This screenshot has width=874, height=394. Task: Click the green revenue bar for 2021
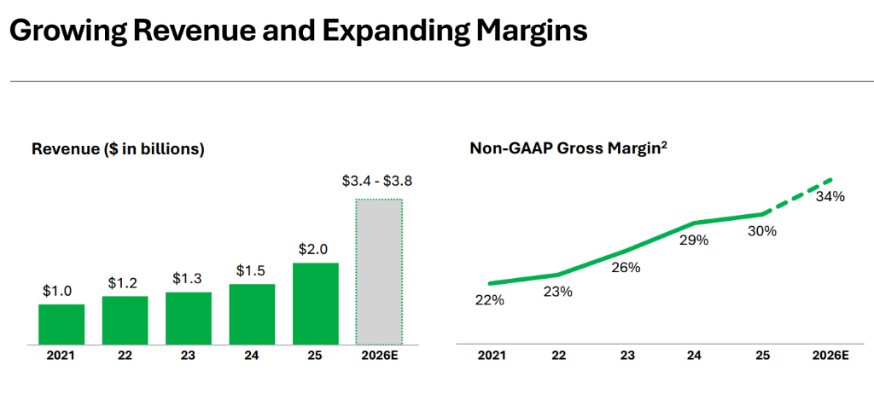point(61,324)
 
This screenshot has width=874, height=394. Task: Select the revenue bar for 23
point(189,318)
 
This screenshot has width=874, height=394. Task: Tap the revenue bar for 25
point(316,304)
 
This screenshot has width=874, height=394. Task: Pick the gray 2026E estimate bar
point(379,271)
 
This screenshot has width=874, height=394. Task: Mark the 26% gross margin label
point(625,268)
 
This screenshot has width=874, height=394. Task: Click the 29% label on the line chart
point(693,240)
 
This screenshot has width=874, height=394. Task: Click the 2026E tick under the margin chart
point(829,356)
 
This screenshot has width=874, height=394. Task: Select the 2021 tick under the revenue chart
point(61,356)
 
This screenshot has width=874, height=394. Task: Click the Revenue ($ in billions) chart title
point(118,149)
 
